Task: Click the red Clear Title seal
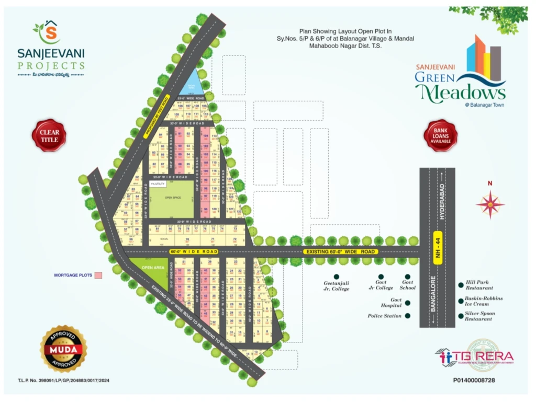point(49,135)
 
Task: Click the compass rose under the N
point(490,204)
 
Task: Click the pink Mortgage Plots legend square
point(98,275)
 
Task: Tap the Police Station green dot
point(408,316)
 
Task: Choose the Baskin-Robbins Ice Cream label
point(483,301)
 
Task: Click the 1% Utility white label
point(158,184)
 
